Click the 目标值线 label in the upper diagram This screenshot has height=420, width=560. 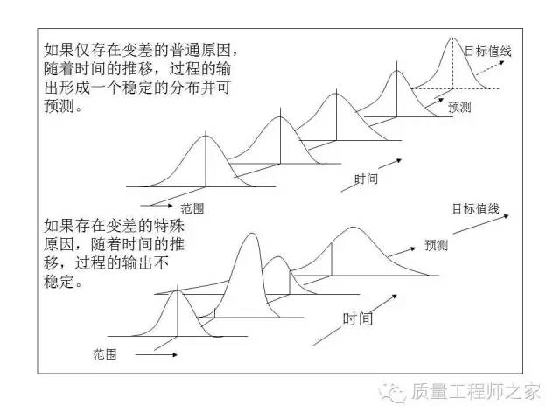point(488,51)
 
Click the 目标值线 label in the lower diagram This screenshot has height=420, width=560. point(475,208)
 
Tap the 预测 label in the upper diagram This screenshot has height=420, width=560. point(459,107)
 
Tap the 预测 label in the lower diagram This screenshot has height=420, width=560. point(436,245)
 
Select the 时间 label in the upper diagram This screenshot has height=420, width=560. point(366,178)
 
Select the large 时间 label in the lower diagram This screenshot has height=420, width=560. point(358,318)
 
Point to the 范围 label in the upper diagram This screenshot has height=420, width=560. point(192,208)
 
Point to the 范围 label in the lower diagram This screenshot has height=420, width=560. point(105,354)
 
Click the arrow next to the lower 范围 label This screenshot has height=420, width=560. point(157,354)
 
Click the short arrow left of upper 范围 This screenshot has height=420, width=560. point(157,206)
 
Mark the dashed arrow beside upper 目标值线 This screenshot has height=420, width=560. point(490,68)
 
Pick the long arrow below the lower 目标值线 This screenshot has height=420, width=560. point(480,224)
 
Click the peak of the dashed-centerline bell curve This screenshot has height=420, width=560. point(453,38)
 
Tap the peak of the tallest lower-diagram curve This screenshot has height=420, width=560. point(252,234)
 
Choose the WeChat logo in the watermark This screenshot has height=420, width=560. point(393,393)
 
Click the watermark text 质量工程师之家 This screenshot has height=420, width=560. point(475,392)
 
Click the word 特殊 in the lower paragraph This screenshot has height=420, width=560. point(169,226)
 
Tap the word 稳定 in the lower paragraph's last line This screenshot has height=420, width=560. point(59,282)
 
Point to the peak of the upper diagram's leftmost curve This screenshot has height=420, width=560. point(206,135)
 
